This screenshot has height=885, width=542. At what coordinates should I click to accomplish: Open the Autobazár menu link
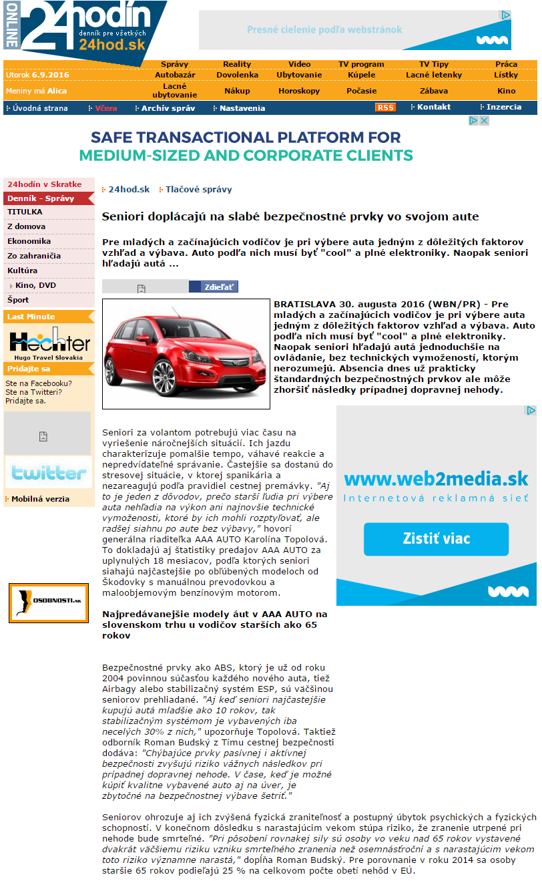point(175,75)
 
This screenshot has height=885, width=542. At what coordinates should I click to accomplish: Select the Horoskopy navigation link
point(299,91)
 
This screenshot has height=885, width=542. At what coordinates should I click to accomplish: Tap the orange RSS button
point(385,108)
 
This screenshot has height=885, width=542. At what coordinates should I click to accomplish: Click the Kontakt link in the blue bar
point(433,107)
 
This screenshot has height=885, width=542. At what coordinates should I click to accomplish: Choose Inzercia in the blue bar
point(503,107)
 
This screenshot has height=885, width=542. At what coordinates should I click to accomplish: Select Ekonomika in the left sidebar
point(29,241)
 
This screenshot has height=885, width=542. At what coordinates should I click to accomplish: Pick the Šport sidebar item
point(18,300)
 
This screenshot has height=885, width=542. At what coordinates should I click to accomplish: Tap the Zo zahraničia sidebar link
point(34,256)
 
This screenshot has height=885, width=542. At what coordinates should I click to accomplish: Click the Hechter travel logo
point(49,344)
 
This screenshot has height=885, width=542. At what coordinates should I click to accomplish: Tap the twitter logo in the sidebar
point(48,473)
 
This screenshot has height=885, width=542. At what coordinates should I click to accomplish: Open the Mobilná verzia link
point(40,499)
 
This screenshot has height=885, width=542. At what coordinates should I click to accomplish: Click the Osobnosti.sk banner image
point(49,602)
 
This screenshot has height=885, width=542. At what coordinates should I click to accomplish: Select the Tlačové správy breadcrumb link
point(198,190)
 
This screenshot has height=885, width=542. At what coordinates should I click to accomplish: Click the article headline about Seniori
point(290,217)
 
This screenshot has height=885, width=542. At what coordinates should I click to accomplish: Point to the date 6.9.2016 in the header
point(50,75)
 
